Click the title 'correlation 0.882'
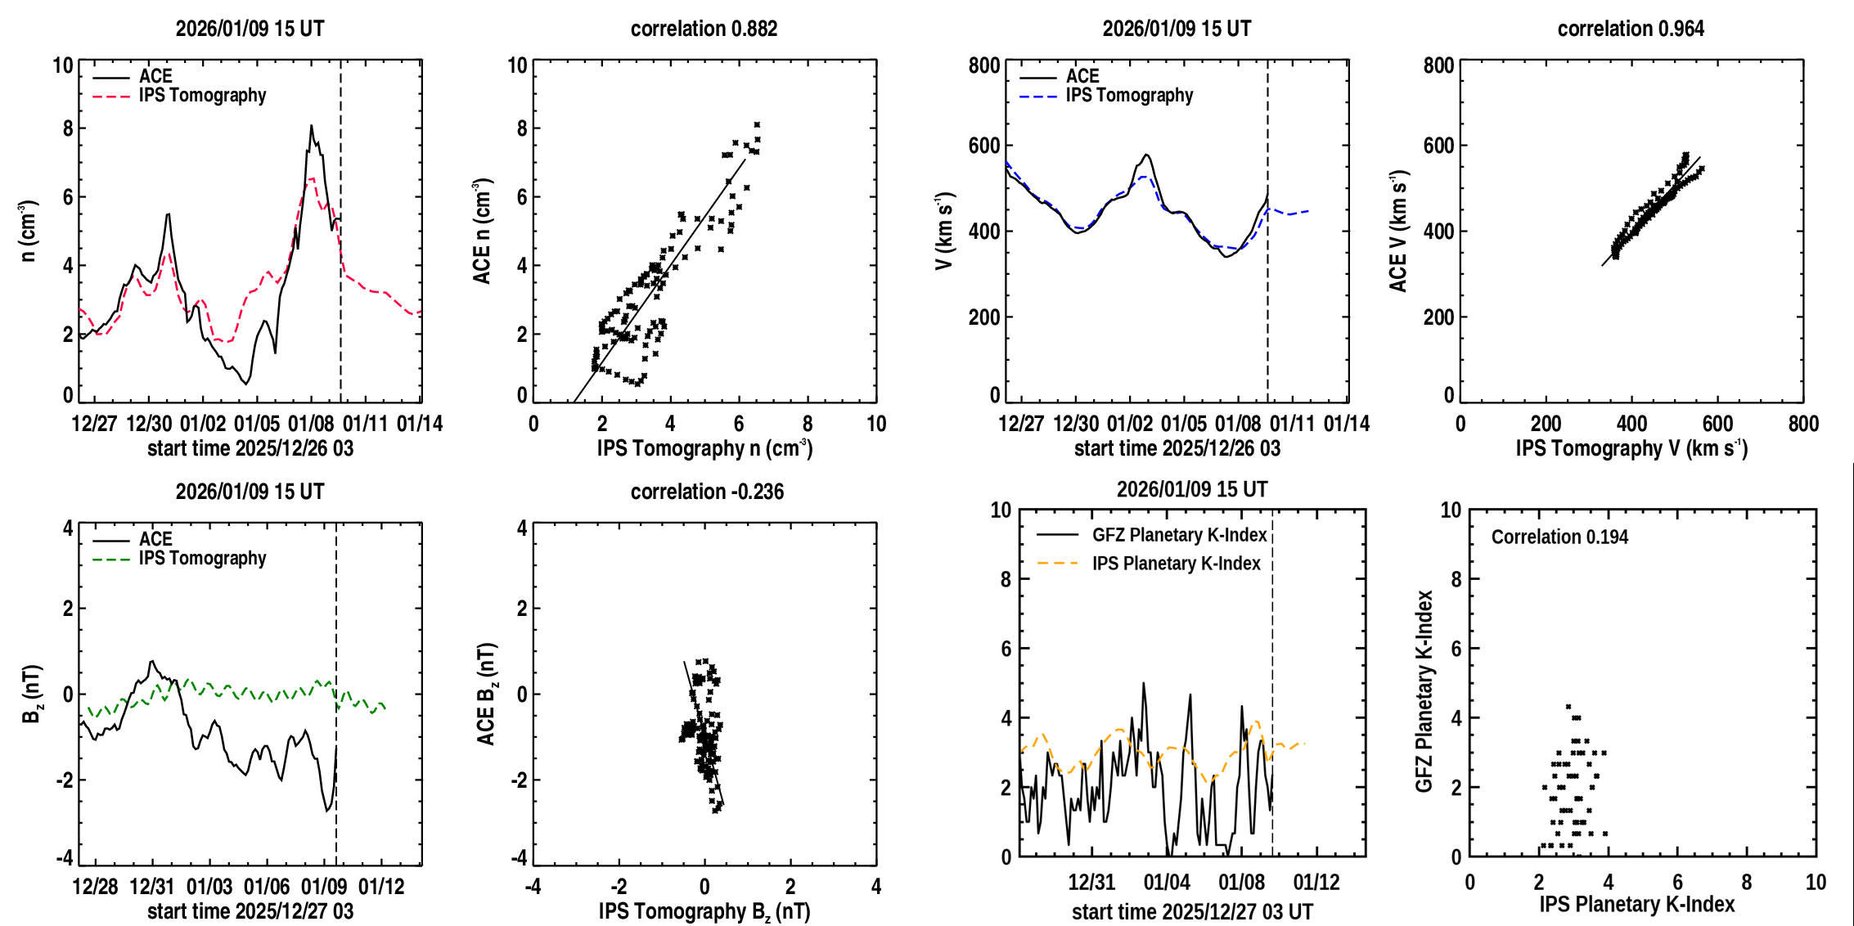tap(704, 29)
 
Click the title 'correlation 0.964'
tap(1631, 29)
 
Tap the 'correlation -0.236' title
tap(707, 492)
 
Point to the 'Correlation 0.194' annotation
tap(1559, 537)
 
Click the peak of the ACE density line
tap(311, 126)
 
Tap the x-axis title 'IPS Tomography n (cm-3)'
tap(704, 448)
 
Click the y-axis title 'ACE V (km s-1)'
tap(1399, 231)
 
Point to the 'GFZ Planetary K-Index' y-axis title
tap(1424, 691)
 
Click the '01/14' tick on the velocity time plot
tap(1346, 424)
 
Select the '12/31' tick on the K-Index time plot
tap(1091, 883)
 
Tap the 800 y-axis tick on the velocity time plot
tap(983, 65)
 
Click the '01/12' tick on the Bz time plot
tap(381, 887)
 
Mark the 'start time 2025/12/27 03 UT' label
tap(1192, 911)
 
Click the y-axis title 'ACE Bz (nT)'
tap(487, 694)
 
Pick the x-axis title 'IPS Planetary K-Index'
tap(1636, 905)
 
